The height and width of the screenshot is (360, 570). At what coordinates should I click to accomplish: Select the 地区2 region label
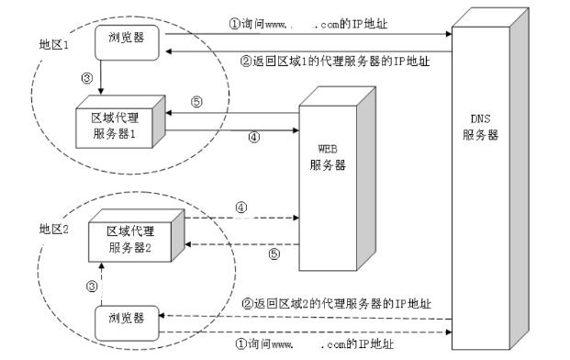[x=54, y=227]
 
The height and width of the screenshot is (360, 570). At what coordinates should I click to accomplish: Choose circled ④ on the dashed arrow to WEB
[x=242, y=208]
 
